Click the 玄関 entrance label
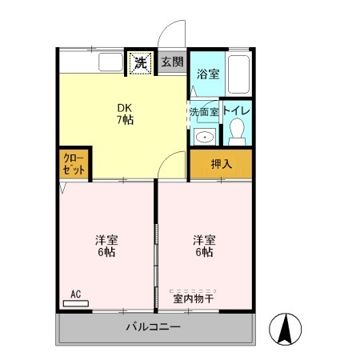pyautogui.click(x=171, y=62)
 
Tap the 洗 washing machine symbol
pyautogui.click(x=140, y=62)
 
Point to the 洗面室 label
pyautogui.click(x=203, y=112)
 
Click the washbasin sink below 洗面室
pyautogui.click(x=205, y=136)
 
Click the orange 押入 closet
pyautogui.click(x=221, y=165)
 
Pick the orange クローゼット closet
pyautogui.click(x=74, y=165)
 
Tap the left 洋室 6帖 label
pyautogui.click(x=106, y=246)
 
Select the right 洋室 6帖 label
pyautogui.click(x=203, y=246)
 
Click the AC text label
pyautogui.click(x=76, y=294)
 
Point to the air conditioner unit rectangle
pyautogui.click(x=77, y=304)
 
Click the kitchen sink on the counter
pyautogui.click(x=109, y=62)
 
